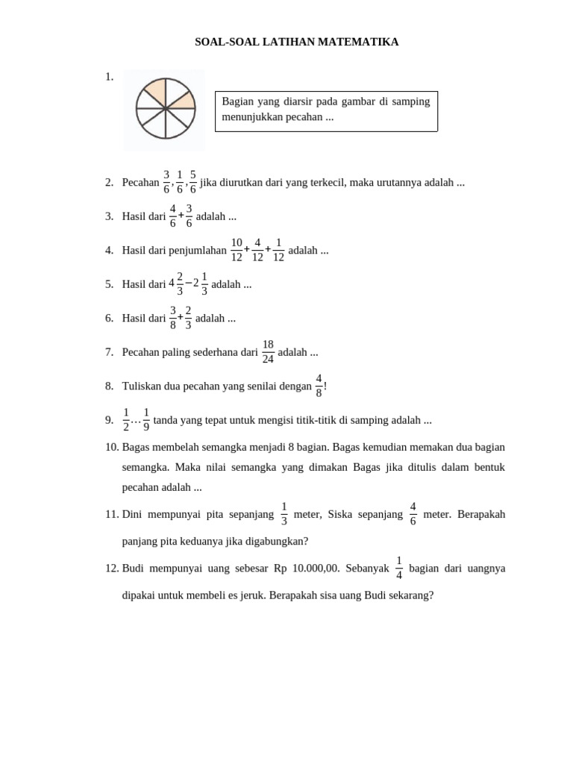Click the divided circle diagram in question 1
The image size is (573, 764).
point(166,109)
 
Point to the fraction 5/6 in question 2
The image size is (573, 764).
point(193,182)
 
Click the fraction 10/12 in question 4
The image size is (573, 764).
point(237,250)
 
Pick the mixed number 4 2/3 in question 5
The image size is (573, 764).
point(176,284)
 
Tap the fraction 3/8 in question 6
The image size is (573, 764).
point(173,318)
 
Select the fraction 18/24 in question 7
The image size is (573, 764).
point(268,352)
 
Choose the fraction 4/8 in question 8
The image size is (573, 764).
point(319,386)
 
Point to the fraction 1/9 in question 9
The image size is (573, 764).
point(146,420)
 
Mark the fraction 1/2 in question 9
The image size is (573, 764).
point(126,420)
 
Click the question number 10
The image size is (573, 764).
point(112,447)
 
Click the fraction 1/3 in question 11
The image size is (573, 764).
point(284,514)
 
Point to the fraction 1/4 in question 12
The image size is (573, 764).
point(399,568)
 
